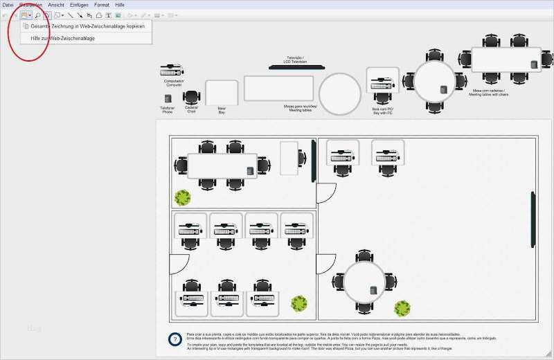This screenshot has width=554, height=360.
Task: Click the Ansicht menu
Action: pos(56,5)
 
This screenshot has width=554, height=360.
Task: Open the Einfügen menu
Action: pos(79,5)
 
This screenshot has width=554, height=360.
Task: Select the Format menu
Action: pos(101,5)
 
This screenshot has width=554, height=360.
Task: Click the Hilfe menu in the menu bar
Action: pos(120,5)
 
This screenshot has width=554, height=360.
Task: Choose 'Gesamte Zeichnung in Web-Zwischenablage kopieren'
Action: pos(88,26)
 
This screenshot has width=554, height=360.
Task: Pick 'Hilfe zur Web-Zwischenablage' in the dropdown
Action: pos(63,38)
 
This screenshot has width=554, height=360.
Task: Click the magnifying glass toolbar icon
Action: pos(37,15)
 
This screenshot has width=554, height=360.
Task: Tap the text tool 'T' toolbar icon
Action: pos(108,15)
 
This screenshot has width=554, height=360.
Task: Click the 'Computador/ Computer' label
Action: pos(174,83)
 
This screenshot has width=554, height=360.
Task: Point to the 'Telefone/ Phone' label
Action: pos(168,109)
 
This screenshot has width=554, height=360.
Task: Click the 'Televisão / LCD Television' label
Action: pos(296,60)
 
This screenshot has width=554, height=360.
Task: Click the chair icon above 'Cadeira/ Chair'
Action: pos(191,98)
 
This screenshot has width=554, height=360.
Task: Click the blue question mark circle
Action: pos(175,339)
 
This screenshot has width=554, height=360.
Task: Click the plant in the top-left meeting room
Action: pos(182,198)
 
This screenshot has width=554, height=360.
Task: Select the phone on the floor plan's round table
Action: pos(373,290)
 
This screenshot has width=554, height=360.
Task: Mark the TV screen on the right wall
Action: pos(533,218)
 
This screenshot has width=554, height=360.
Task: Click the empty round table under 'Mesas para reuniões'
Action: pos(339,94)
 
